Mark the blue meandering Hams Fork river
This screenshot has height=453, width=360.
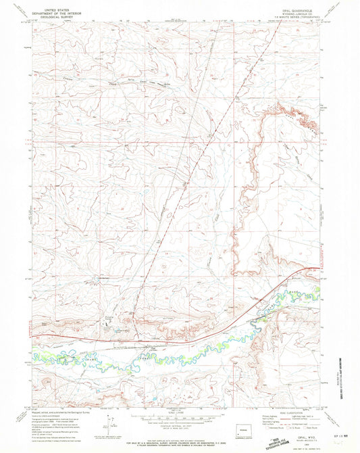(203, 352)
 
